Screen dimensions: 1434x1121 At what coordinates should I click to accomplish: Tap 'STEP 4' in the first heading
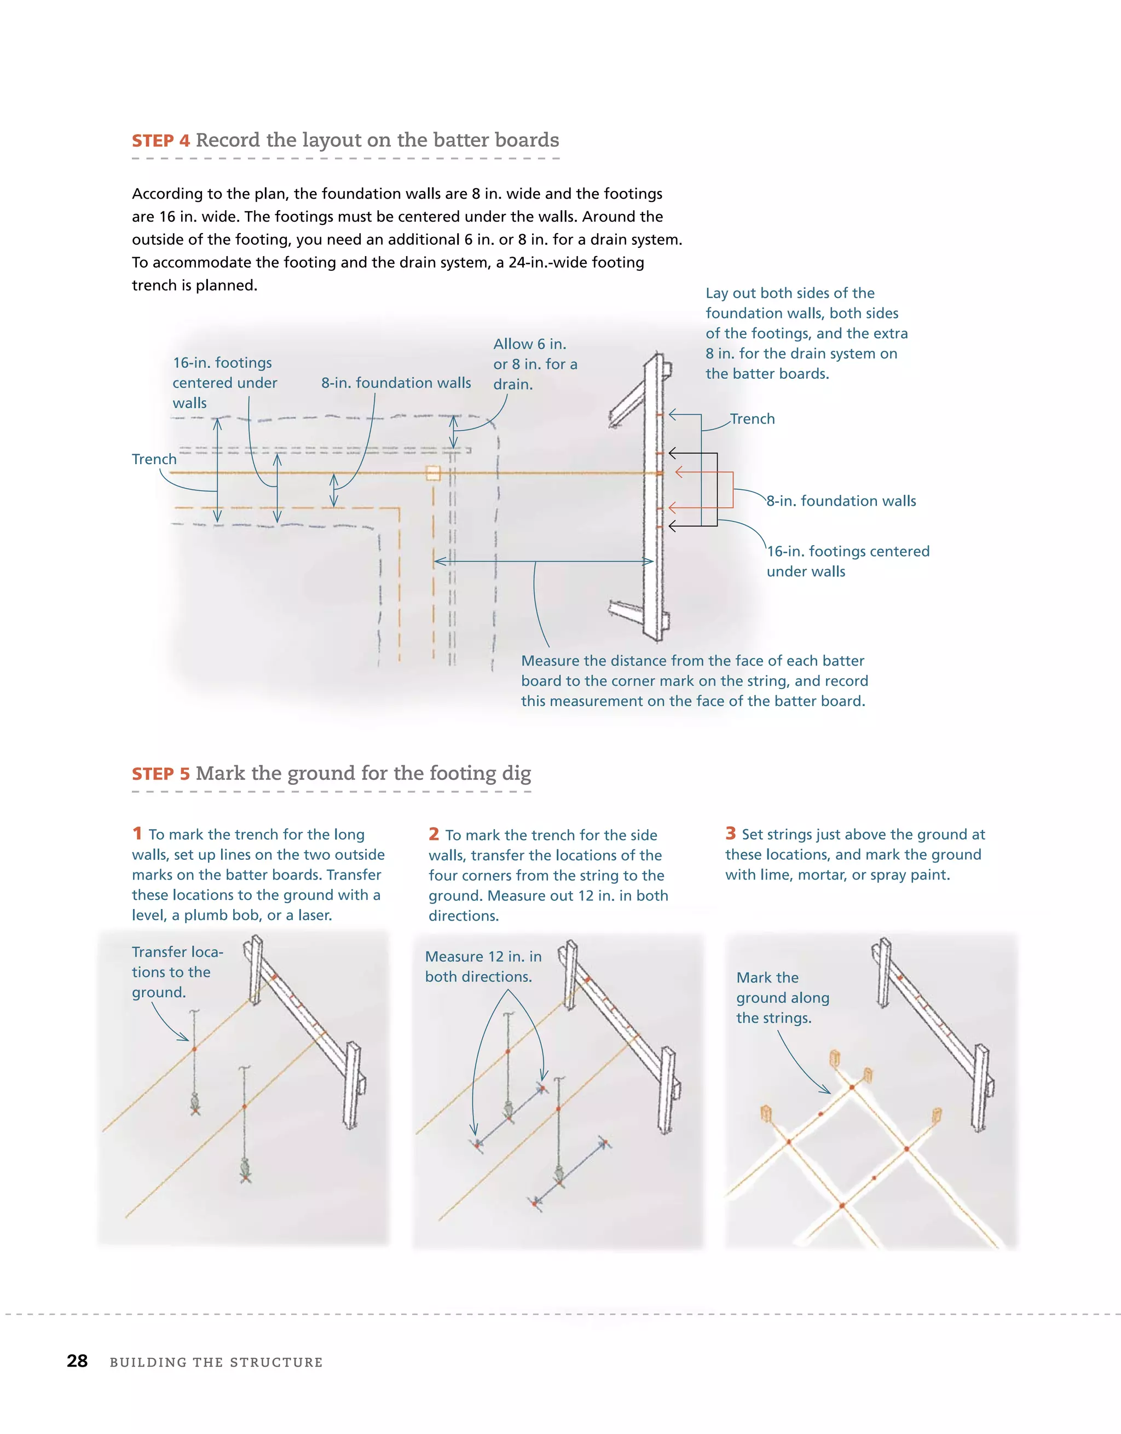161,141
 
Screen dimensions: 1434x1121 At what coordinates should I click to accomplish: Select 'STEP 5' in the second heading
161,774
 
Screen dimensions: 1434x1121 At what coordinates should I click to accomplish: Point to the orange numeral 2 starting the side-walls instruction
434,834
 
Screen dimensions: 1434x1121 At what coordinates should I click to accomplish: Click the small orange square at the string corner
433,473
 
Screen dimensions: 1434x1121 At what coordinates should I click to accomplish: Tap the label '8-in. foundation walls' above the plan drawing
396,383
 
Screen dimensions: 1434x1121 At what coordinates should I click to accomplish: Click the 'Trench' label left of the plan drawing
154,459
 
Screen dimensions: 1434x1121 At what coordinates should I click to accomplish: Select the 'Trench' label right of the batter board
753,419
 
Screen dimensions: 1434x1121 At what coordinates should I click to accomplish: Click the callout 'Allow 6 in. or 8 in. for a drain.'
535,364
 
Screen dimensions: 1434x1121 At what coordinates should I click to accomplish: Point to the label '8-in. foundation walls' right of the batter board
841,501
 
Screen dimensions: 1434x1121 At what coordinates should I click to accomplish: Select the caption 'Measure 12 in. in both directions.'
483,967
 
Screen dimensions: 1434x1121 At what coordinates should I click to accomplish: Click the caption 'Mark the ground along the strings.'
782,997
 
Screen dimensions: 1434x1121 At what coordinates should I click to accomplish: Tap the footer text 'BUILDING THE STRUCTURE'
216,1362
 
